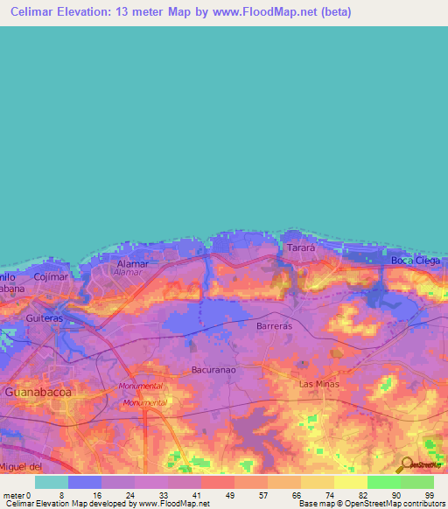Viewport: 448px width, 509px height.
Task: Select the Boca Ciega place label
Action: click(x=414, y=261)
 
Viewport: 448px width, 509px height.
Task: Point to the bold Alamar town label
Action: click(x=132, y=262)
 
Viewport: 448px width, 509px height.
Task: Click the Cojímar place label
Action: click(x=50, y=276)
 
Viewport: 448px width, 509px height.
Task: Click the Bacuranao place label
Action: click(x=214, y=370)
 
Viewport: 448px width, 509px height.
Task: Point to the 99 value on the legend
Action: click(x=429, y=494)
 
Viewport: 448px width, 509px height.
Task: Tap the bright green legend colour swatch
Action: click(x=383, y=482)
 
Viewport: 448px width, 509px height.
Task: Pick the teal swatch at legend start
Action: click(x=52, y=482)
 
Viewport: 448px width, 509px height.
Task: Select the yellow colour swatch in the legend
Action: click(x=350, y=482)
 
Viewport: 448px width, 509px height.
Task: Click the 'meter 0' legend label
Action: click(x=17, y=494)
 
